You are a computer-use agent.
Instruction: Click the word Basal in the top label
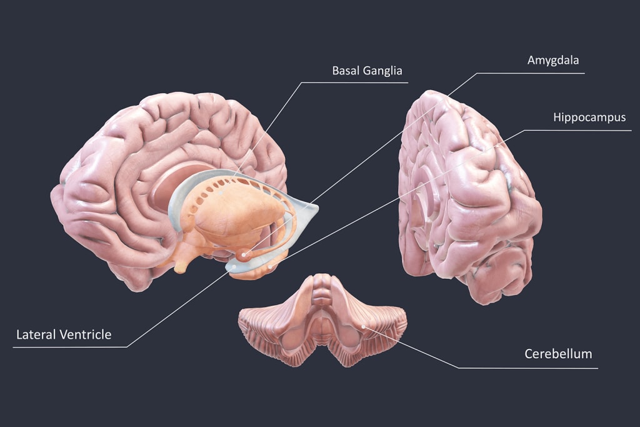[x=345, y=70]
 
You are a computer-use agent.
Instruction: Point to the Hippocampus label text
[x=589, y=117]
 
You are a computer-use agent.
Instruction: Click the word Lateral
[x=36, y=334]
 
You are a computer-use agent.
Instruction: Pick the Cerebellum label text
[x=558, y=354]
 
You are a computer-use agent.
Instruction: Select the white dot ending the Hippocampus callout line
[x=270, y=268]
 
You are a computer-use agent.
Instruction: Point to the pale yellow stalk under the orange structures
[x=181, y=266]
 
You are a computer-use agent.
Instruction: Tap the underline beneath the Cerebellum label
[x=528, y=368]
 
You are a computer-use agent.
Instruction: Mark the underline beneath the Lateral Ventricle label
[x=69, y=347]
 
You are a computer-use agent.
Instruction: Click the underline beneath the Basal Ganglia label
[x=354, y=83]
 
